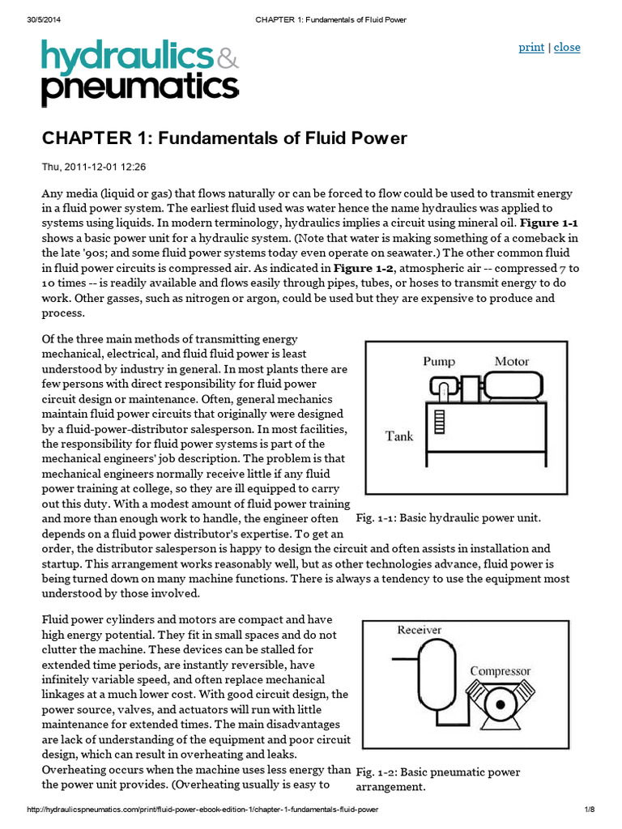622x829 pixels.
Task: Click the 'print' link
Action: coord(531,47)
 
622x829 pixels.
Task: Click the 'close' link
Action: coord(567,47)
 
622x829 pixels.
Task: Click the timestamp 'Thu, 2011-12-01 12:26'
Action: coord(93,168)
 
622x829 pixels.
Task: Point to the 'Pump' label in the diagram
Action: coord(439,362)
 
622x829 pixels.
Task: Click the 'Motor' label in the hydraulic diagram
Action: coord(511,361)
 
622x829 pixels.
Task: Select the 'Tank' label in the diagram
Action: coord(400,436)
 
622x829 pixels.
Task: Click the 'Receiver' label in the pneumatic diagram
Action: coord(420,629)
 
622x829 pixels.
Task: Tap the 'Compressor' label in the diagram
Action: coord(501,670)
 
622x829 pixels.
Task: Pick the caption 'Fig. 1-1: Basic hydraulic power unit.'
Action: coord(448,517)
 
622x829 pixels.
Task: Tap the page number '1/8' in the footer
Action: coord(589,810)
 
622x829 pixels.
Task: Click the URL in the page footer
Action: coord(202,810)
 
